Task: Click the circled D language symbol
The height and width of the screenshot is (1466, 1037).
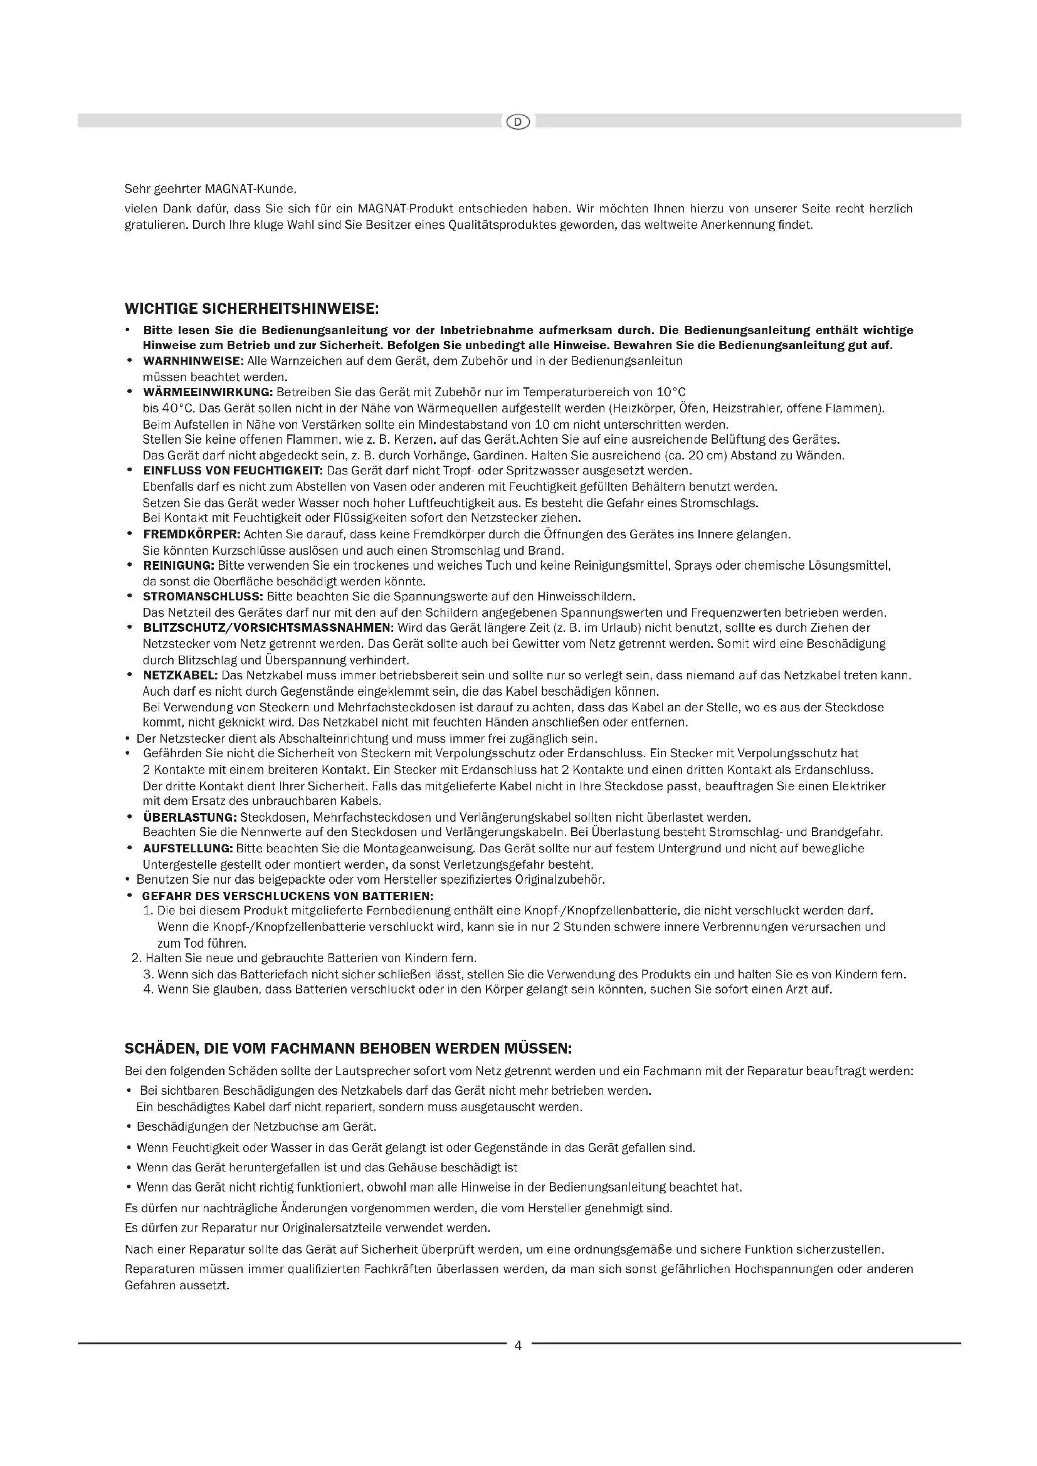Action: (x=518, y=122)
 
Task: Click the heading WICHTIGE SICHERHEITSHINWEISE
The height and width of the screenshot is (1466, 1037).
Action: (x=251, y=309)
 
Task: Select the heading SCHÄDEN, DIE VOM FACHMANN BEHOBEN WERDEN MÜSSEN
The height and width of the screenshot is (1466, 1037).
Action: (x=348, y=1049)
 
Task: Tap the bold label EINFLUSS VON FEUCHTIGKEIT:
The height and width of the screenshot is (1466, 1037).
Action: (x=234, y=471)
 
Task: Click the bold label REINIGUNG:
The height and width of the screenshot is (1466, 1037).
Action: (x=179, y=566)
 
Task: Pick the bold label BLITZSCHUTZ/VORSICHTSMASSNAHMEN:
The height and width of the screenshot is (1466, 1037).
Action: (x=266, y=628)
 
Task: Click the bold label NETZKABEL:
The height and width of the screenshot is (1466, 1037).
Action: (x=181, y=676)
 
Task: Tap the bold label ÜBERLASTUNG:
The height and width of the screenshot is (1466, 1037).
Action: (x=189, y=817)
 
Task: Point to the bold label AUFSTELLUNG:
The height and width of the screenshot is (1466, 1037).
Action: (x=187, y=849)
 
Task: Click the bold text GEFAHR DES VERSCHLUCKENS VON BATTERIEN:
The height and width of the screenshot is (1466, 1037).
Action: (x=288, y=896)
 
